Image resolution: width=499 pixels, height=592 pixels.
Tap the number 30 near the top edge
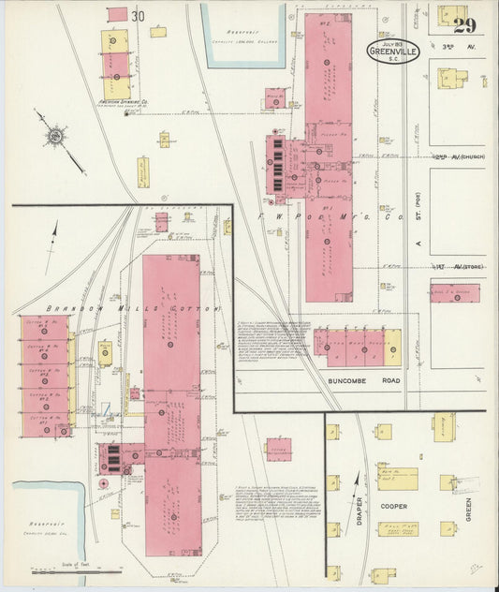coord(139,15)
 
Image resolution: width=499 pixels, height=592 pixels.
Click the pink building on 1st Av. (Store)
coord(455,293)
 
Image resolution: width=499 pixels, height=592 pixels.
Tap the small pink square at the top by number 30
coord(117,13)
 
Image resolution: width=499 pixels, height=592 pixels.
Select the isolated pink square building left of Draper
coord(278,450)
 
